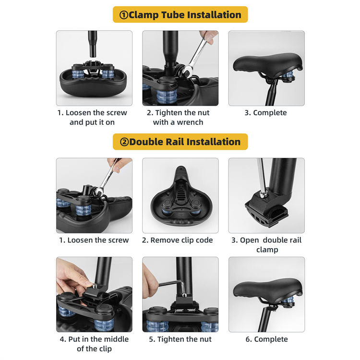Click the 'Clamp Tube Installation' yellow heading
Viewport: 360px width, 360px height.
tap(180, 15)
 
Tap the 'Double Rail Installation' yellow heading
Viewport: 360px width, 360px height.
tap(180, 142)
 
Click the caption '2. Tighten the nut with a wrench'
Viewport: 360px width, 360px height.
tap(178, 117)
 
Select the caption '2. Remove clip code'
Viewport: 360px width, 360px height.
tap(178, 240)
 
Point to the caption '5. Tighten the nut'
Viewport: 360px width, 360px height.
tap(180, 339)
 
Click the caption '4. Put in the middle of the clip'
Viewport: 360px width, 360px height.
tap(95, 344)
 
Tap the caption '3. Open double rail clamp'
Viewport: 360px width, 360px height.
tap(266, 245)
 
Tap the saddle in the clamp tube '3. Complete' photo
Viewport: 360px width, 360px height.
tap(267, 64)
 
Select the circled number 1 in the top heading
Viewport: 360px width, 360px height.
tap(124, 15)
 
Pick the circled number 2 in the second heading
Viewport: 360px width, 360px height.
tap(124, 142)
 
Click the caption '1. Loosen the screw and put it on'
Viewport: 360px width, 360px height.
tap(92, 117)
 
